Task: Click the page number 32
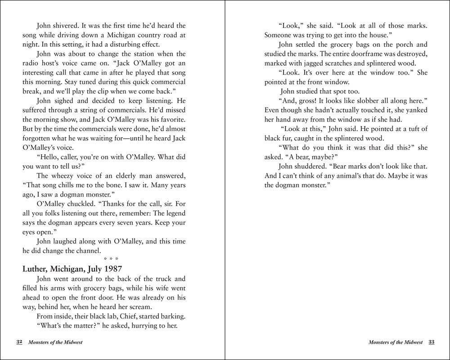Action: tap(19, 342)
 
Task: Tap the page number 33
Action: tap(431, 342)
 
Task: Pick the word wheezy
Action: tap(66, 175)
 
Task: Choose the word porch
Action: tap(398, 45)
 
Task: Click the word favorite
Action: tap(173, 119)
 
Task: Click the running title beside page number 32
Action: tap(55, 342)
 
